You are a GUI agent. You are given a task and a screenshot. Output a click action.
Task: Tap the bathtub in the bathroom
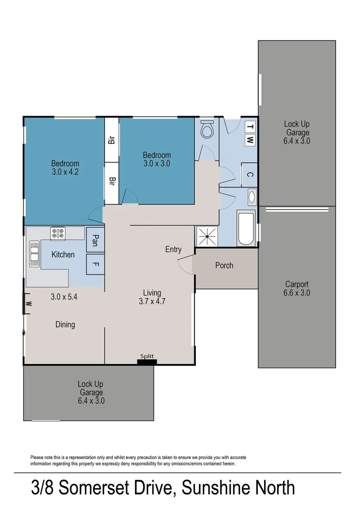click(x=246, y=229)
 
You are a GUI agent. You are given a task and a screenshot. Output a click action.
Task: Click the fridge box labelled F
click(x=95, y=264)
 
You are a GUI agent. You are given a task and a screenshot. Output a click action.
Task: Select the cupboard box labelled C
click(x=250, y=175)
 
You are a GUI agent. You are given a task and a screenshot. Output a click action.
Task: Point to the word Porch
click(x=224, y=265)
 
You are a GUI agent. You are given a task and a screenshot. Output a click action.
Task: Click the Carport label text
click(x=297, y=284)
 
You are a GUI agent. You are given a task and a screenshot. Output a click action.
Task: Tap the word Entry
click(x=173, y=249)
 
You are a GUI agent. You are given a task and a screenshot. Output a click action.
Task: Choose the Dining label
click(x=65, y=325)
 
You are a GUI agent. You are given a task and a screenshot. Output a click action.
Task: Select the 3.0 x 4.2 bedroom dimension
click(x=65, y=172)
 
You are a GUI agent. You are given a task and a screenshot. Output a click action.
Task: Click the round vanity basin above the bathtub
click(x=251, y=197)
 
